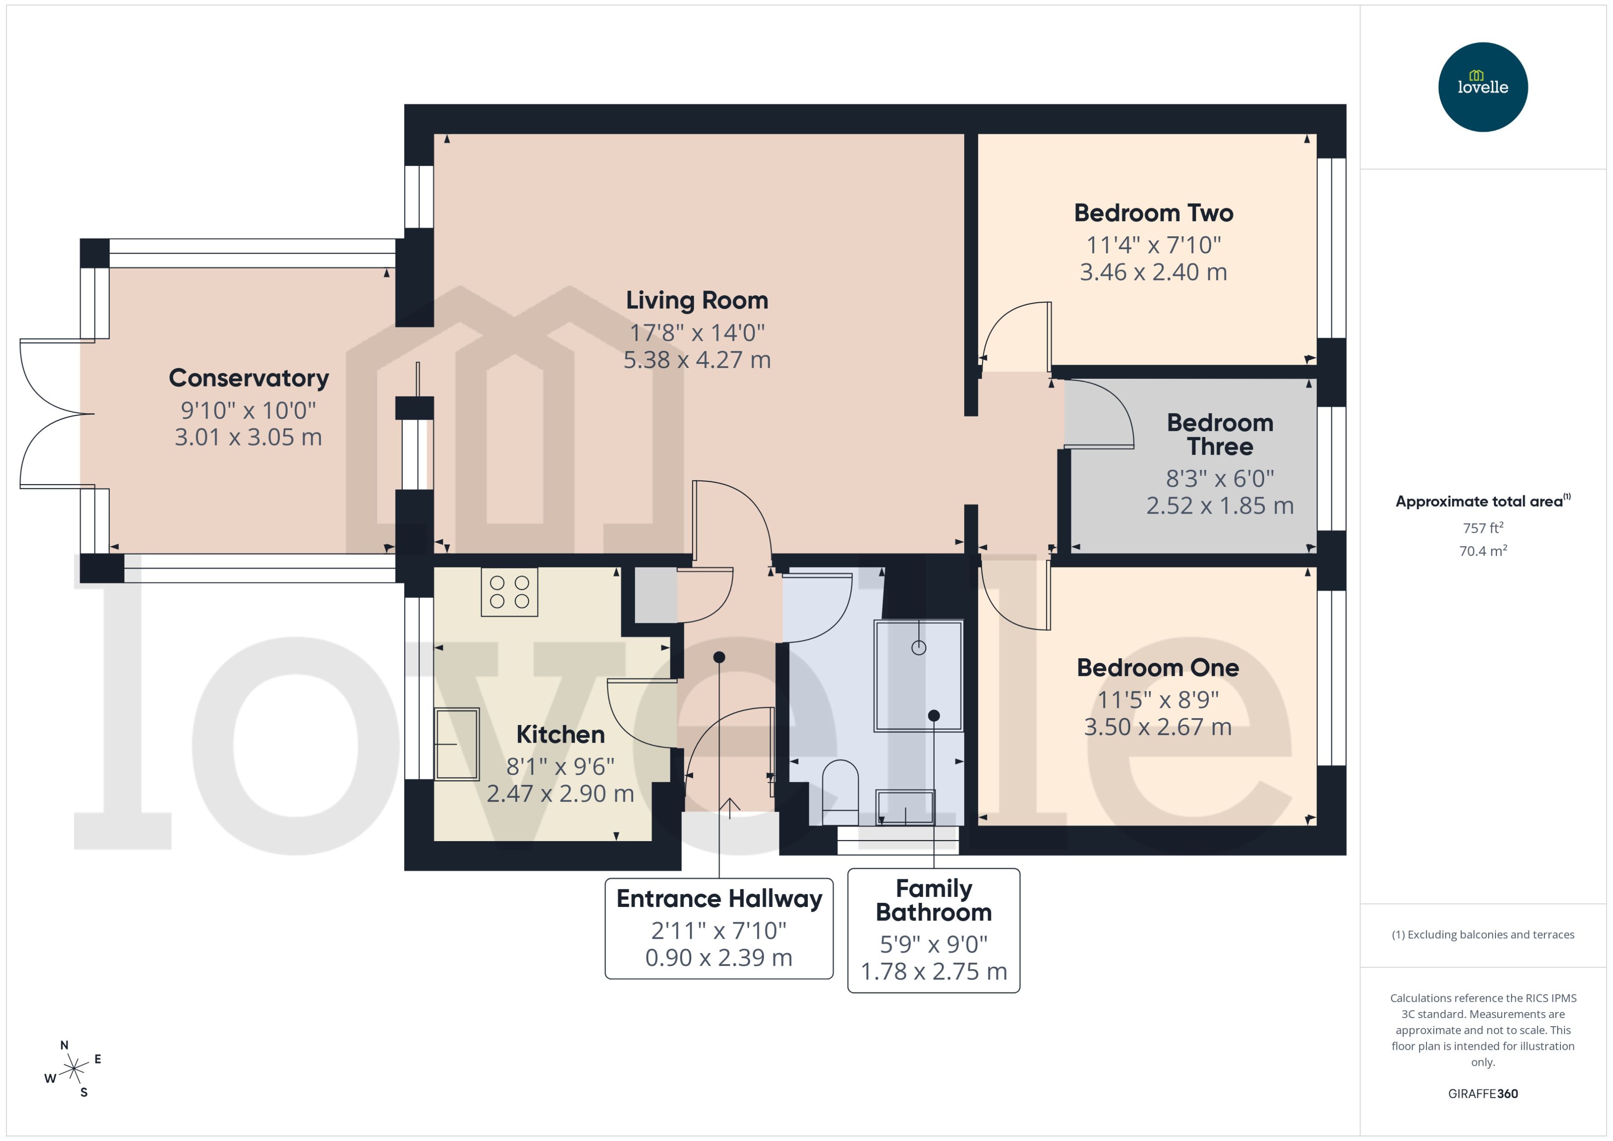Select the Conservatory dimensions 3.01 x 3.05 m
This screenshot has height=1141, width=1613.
click(248, 437)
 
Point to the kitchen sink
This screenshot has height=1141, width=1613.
click(456, 744)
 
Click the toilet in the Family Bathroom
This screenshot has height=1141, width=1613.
click(840, 790)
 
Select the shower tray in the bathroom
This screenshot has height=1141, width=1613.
click(918, 675)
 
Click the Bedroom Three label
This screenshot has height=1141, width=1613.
click(1219, 434)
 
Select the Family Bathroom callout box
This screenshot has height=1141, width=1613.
click(933, 930)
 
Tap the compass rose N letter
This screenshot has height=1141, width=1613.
click(64, 1046)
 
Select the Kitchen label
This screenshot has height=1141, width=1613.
click(560, 734)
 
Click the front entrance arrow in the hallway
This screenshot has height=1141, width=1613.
click(730, 808)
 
